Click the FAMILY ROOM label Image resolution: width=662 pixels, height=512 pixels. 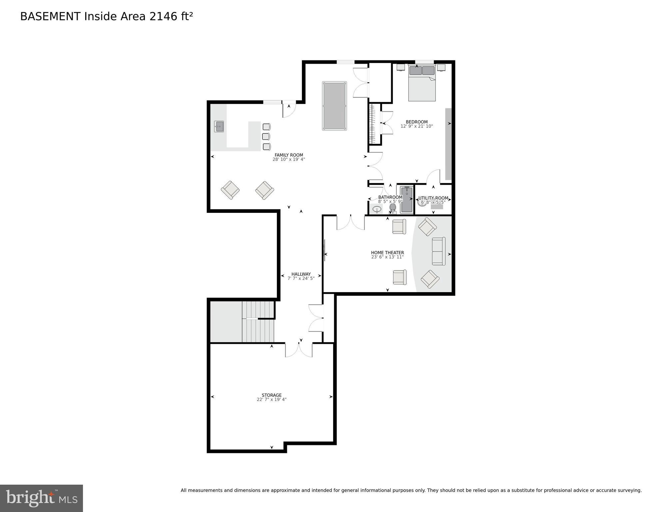289,155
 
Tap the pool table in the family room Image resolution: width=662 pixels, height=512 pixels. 334,106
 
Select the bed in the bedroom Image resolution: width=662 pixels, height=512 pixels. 422,83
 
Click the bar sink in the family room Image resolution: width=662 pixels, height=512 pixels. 219,126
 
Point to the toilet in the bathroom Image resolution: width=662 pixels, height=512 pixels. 393,208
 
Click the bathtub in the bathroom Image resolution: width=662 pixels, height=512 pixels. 406,200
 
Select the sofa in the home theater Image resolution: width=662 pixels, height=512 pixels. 438,251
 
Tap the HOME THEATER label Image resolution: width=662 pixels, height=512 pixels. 387,252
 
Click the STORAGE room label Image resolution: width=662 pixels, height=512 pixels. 272,395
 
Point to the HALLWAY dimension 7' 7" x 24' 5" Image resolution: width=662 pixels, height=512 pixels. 301,278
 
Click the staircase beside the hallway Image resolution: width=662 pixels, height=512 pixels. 258,322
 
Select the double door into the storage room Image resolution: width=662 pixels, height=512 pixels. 299,350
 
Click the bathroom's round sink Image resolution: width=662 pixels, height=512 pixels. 377,209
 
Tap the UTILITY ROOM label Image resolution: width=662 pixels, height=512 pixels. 433,198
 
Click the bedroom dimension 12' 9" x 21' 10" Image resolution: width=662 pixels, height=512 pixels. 416,126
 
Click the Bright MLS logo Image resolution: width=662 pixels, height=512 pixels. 41,498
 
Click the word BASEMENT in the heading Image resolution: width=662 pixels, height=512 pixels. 50,16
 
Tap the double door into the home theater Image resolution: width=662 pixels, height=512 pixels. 350,223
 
